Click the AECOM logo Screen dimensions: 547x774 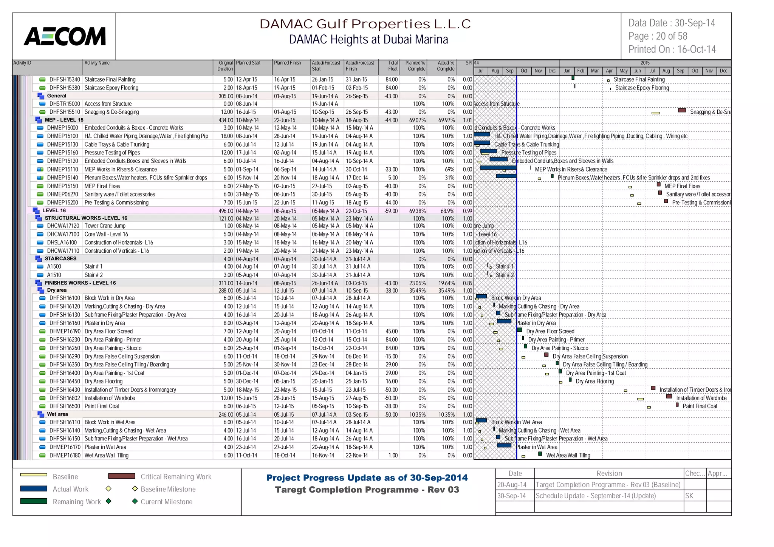pyautogui.click(x=65, y=36)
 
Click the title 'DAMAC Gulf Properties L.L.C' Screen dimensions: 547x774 pyautogui.click(x=365, y=24)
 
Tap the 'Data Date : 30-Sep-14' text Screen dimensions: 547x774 pyautogui.click(x=672, y=23)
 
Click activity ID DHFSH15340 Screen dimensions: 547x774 pyautogui.click(x=65, y=80)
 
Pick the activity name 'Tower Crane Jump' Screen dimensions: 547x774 pyautogui.click(x=105, y=226)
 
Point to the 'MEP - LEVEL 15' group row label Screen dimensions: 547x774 pyautogui.click(x=64, y=120)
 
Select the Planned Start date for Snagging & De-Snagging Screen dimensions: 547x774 pyautogui.click(x=246, y=112)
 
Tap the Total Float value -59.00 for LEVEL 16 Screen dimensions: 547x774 pyautogui.click(x=391, y=211)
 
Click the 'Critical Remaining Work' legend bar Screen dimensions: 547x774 pyautogui.click(x=121, y=476)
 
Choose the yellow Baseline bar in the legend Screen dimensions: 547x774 pyautogui.click(x=34, y=475)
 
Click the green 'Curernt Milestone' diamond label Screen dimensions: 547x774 pyautogui.click(x=166, y=502)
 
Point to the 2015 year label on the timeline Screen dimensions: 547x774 pyautogui.click(x=645, y=63)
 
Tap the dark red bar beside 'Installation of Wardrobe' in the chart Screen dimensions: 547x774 pyautogui.click(x=669, y=397)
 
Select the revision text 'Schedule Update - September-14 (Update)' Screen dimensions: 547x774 pyautogui.click(x=595, y=496)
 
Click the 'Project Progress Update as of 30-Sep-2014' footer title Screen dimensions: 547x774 pyautogui.click(x=367, y=478)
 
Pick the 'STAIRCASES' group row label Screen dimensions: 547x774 pyautogui.click(x=60, y=259)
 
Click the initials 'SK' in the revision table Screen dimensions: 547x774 pyautogui.click(x=689, y=496)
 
